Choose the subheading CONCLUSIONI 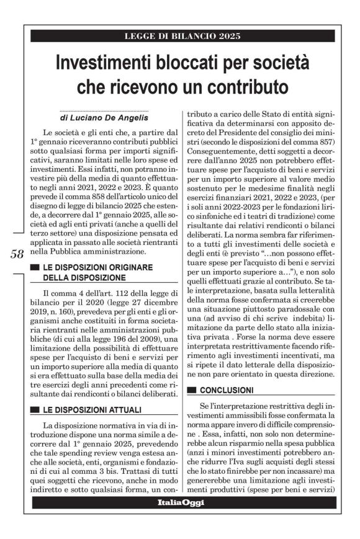(227, 390)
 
